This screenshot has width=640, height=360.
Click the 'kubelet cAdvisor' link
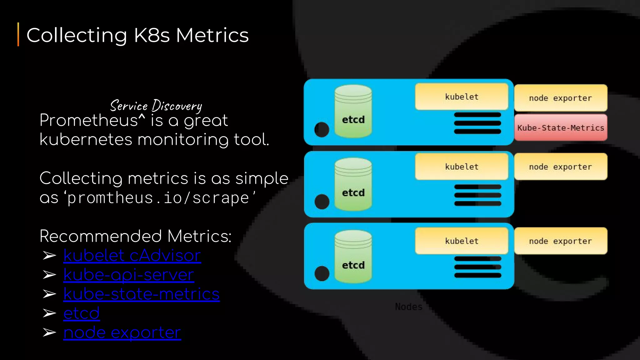132,256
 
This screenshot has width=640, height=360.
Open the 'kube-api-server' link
128,275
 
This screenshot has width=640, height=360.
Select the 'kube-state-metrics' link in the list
141,294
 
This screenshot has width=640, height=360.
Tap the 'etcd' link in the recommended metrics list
81,313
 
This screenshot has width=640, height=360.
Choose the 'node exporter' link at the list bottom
122,332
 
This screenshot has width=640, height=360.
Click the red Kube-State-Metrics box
561,127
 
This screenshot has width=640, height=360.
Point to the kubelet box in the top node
462,97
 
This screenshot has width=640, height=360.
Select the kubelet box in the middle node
462,167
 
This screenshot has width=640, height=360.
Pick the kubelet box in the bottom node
462,241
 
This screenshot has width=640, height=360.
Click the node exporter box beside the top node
561,98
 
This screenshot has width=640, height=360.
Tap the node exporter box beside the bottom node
561,241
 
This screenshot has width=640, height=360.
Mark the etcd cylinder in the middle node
353,184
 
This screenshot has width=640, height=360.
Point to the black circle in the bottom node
322,273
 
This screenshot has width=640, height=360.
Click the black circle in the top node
322,129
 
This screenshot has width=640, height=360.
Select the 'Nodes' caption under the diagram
408,307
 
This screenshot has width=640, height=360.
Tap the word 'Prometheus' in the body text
88,121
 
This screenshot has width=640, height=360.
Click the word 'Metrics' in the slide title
212,35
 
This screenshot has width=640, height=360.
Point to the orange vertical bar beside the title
18,34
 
